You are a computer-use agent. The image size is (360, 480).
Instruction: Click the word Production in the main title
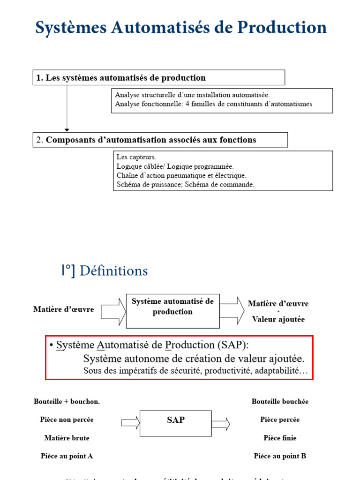(x=282, y=28)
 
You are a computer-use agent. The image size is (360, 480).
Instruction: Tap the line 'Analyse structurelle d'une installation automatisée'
(x=192, y=95)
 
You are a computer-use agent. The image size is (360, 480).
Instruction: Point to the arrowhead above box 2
(x=67, y=129)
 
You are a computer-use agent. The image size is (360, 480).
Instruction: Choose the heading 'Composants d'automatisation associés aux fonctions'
(x=151, y=140)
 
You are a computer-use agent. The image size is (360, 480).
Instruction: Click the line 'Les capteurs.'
(x=136, y=157)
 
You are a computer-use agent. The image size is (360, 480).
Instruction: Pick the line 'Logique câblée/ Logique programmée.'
(x=175, y=166)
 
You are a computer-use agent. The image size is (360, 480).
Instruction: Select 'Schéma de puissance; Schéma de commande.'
(x=185, y=185)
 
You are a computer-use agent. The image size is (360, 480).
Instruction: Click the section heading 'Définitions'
(x=113, y=271)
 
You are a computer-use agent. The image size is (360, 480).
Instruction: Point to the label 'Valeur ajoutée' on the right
(x=278, y=319)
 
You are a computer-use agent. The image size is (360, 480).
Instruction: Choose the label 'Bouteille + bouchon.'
(x=67, y=402)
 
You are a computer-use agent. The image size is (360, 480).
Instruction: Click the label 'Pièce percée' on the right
(x=280, y=420)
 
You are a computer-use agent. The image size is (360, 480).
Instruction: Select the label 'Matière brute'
(x=67, y=438)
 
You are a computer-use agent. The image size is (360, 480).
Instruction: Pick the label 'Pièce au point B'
(x=280, y=456)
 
